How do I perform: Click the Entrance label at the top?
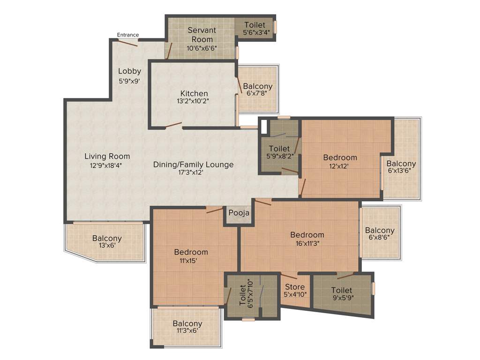pos(127,35)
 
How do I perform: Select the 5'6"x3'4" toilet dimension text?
pos(255,32)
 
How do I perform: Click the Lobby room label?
pos(129,71)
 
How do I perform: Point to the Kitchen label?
pos(194,93)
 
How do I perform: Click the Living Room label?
pos(107,156)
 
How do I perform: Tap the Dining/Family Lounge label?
pos(193,165)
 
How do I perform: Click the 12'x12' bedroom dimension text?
pos(339,165)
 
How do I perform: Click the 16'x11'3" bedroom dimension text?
pos(307,243)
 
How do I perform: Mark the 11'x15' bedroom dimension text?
pos(190,261)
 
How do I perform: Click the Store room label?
pos(295,287)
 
